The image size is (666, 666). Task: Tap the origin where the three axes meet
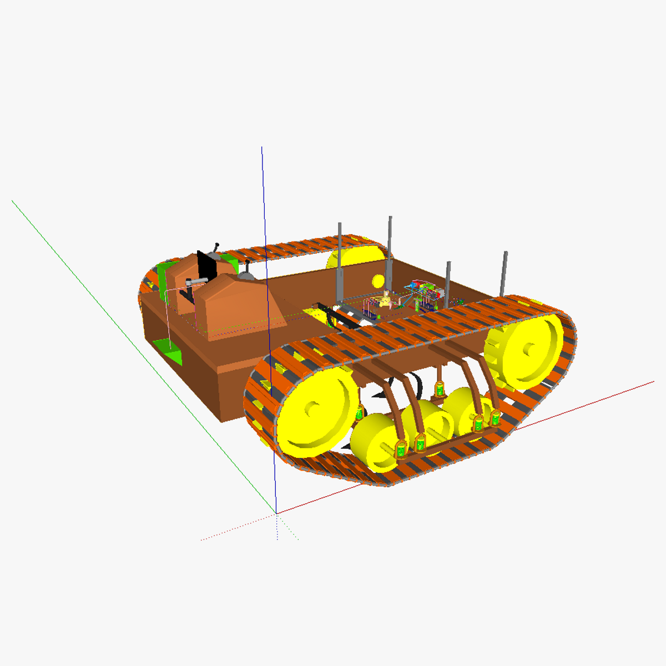[x=276, y=513]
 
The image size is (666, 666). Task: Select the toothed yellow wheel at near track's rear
[x=524, y=350]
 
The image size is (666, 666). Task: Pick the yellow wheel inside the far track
[x=355, y=258]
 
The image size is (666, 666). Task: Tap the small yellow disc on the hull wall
[x=378, y=280]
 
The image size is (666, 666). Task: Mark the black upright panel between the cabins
[x=206, y=268]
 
